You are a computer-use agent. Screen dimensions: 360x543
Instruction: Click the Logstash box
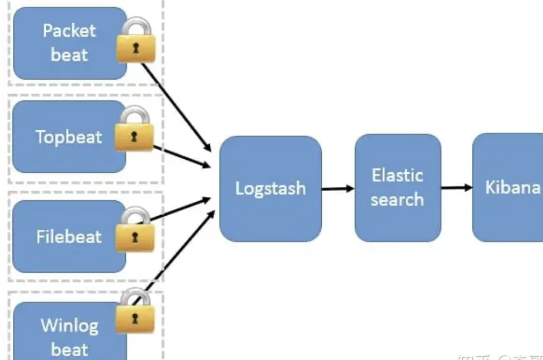[x=270, y=188]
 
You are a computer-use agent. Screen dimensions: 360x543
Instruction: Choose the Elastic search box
[x=397, y=187]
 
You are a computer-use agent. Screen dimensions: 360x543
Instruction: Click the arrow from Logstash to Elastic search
[x=338, y=188]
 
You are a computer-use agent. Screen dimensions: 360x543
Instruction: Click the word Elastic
[x=397, y=175]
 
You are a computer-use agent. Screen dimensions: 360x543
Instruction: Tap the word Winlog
[x=69, y=326]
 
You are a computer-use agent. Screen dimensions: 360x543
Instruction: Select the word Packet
[x=69, y=30]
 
